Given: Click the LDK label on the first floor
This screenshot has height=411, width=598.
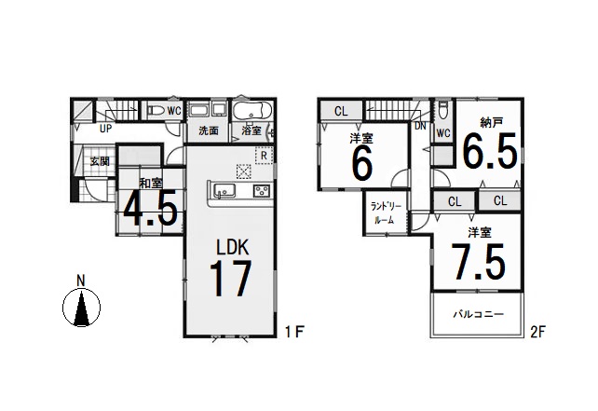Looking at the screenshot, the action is (233, 247).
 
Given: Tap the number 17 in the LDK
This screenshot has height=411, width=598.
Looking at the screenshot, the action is (230, 279).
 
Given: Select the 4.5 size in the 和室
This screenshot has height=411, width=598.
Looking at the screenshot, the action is (150, 209).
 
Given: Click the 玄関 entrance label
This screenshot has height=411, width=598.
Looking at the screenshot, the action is (100, 161).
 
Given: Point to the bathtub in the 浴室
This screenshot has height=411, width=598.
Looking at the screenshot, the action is (252, 111).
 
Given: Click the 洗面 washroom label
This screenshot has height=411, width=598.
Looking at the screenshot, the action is (209, 130).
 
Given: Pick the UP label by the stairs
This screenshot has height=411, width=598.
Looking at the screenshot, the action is (105, 129).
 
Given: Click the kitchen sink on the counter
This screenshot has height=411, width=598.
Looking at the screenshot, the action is (224, 190).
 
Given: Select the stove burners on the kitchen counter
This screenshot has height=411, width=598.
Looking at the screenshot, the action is (262, 190).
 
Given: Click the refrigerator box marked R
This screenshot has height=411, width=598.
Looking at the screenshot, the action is (264, 156).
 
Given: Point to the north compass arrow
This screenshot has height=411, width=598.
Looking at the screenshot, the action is (81, 308).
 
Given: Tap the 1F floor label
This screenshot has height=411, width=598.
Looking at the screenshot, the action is (294, 331).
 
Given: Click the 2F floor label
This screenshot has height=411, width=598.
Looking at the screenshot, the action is (537, 332).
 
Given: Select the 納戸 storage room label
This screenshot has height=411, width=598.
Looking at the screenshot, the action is (492, 122).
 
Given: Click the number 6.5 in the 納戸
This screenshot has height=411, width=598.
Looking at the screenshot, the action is (490, 151).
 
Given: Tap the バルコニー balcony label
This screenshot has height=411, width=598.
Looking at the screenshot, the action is (478, 314).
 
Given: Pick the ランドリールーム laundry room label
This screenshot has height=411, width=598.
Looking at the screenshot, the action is (387, 213).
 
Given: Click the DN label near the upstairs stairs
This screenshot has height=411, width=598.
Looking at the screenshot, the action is (420, 126).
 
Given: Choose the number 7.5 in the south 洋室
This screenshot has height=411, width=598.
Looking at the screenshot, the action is (478, 262).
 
